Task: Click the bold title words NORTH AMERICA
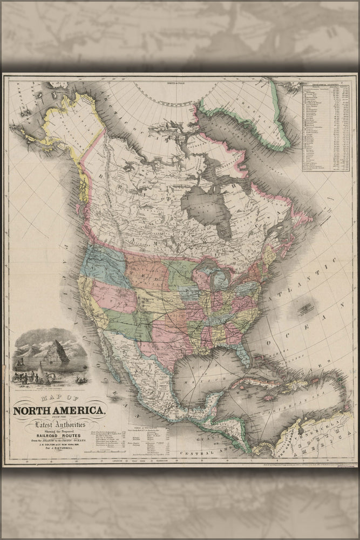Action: (59, 410)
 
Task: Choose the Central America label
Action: (216, 453)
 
